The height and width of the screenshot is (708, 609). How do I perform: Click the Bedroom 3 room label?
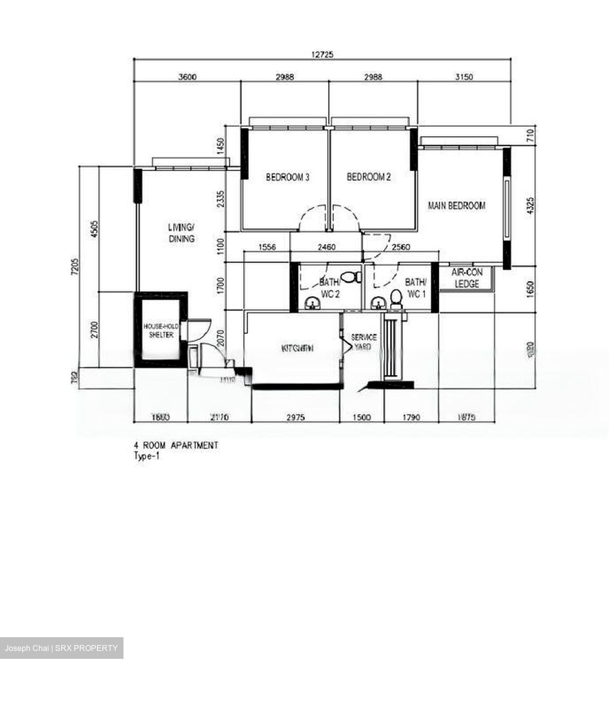click(287, 177)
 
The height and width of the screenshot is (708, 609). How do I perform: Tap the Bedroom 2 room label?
click(368, 177)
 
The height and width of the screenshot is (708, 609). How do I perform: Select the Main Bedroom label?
click(456, 206)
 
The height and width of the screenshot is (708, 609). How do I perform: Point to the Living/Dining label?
click(182, 233)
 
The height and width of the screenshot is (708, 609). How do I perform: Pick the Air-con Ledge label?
click(467, 278)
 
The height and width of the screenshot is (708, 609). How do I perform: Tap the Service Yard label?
click(364, 342)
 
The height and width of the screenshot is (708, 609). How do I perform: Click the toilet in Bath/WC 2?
click(349, 278)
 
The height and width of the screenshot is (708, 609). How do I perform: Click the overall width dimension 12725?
click(322, 55)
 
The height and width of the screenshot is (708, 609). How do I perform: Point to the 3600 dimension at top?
click(187, 77)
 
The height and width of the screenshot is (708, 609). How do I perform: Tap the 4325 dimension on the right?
click(529, 206)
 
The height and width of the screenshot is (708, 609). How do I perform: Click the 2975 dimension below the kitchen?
click(295, 417)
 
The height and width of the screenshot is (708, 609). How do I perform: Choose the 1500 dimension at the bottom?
click(362, 417)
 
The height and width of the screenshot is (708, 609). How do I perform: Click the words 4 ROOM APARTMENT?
click(176, 445)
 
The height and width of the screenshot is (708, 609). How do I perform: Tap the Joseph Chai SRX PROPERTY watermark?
click(61, 648)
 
